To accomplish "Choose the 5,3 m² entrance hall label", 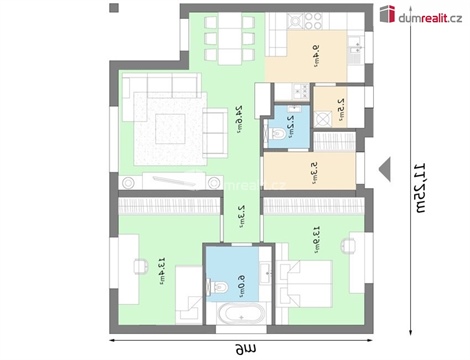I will coord(313,170).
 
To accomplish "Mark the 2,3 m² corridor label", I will coord(241,216).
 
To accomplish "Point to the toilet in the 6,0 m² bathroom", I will coord(214,286).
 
